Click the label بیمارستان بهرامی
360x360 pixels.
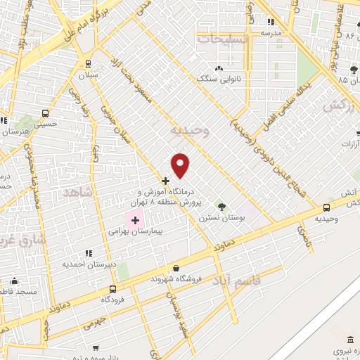coord(136,231)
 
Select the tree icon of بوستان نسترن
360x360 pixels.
coord(222,207)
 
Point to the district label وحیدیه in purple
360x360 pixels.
coord(191,131)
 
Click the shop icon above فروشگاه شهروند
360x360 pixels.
coord(175,268)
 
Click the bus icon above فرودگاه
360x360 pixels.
coord(112,289)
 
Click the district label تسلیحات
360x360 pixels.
coord(222,39)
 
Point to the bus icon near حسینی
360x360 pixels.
coord(46,112)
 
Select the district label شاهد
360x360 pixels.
coord(77,191)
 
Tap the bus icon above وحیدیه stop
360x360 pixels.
coord(326,207)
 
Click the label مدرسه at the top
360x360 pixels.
coord(271,32)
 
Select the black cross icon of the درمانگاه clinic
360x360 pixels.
coord(165,181)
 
